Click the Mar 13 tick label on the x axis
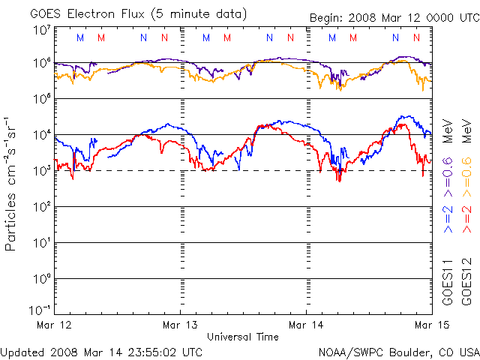[x=181, y=325]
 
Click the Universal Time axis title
[x=243, y=337]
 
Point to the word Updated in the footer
[x=23, y=351]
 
